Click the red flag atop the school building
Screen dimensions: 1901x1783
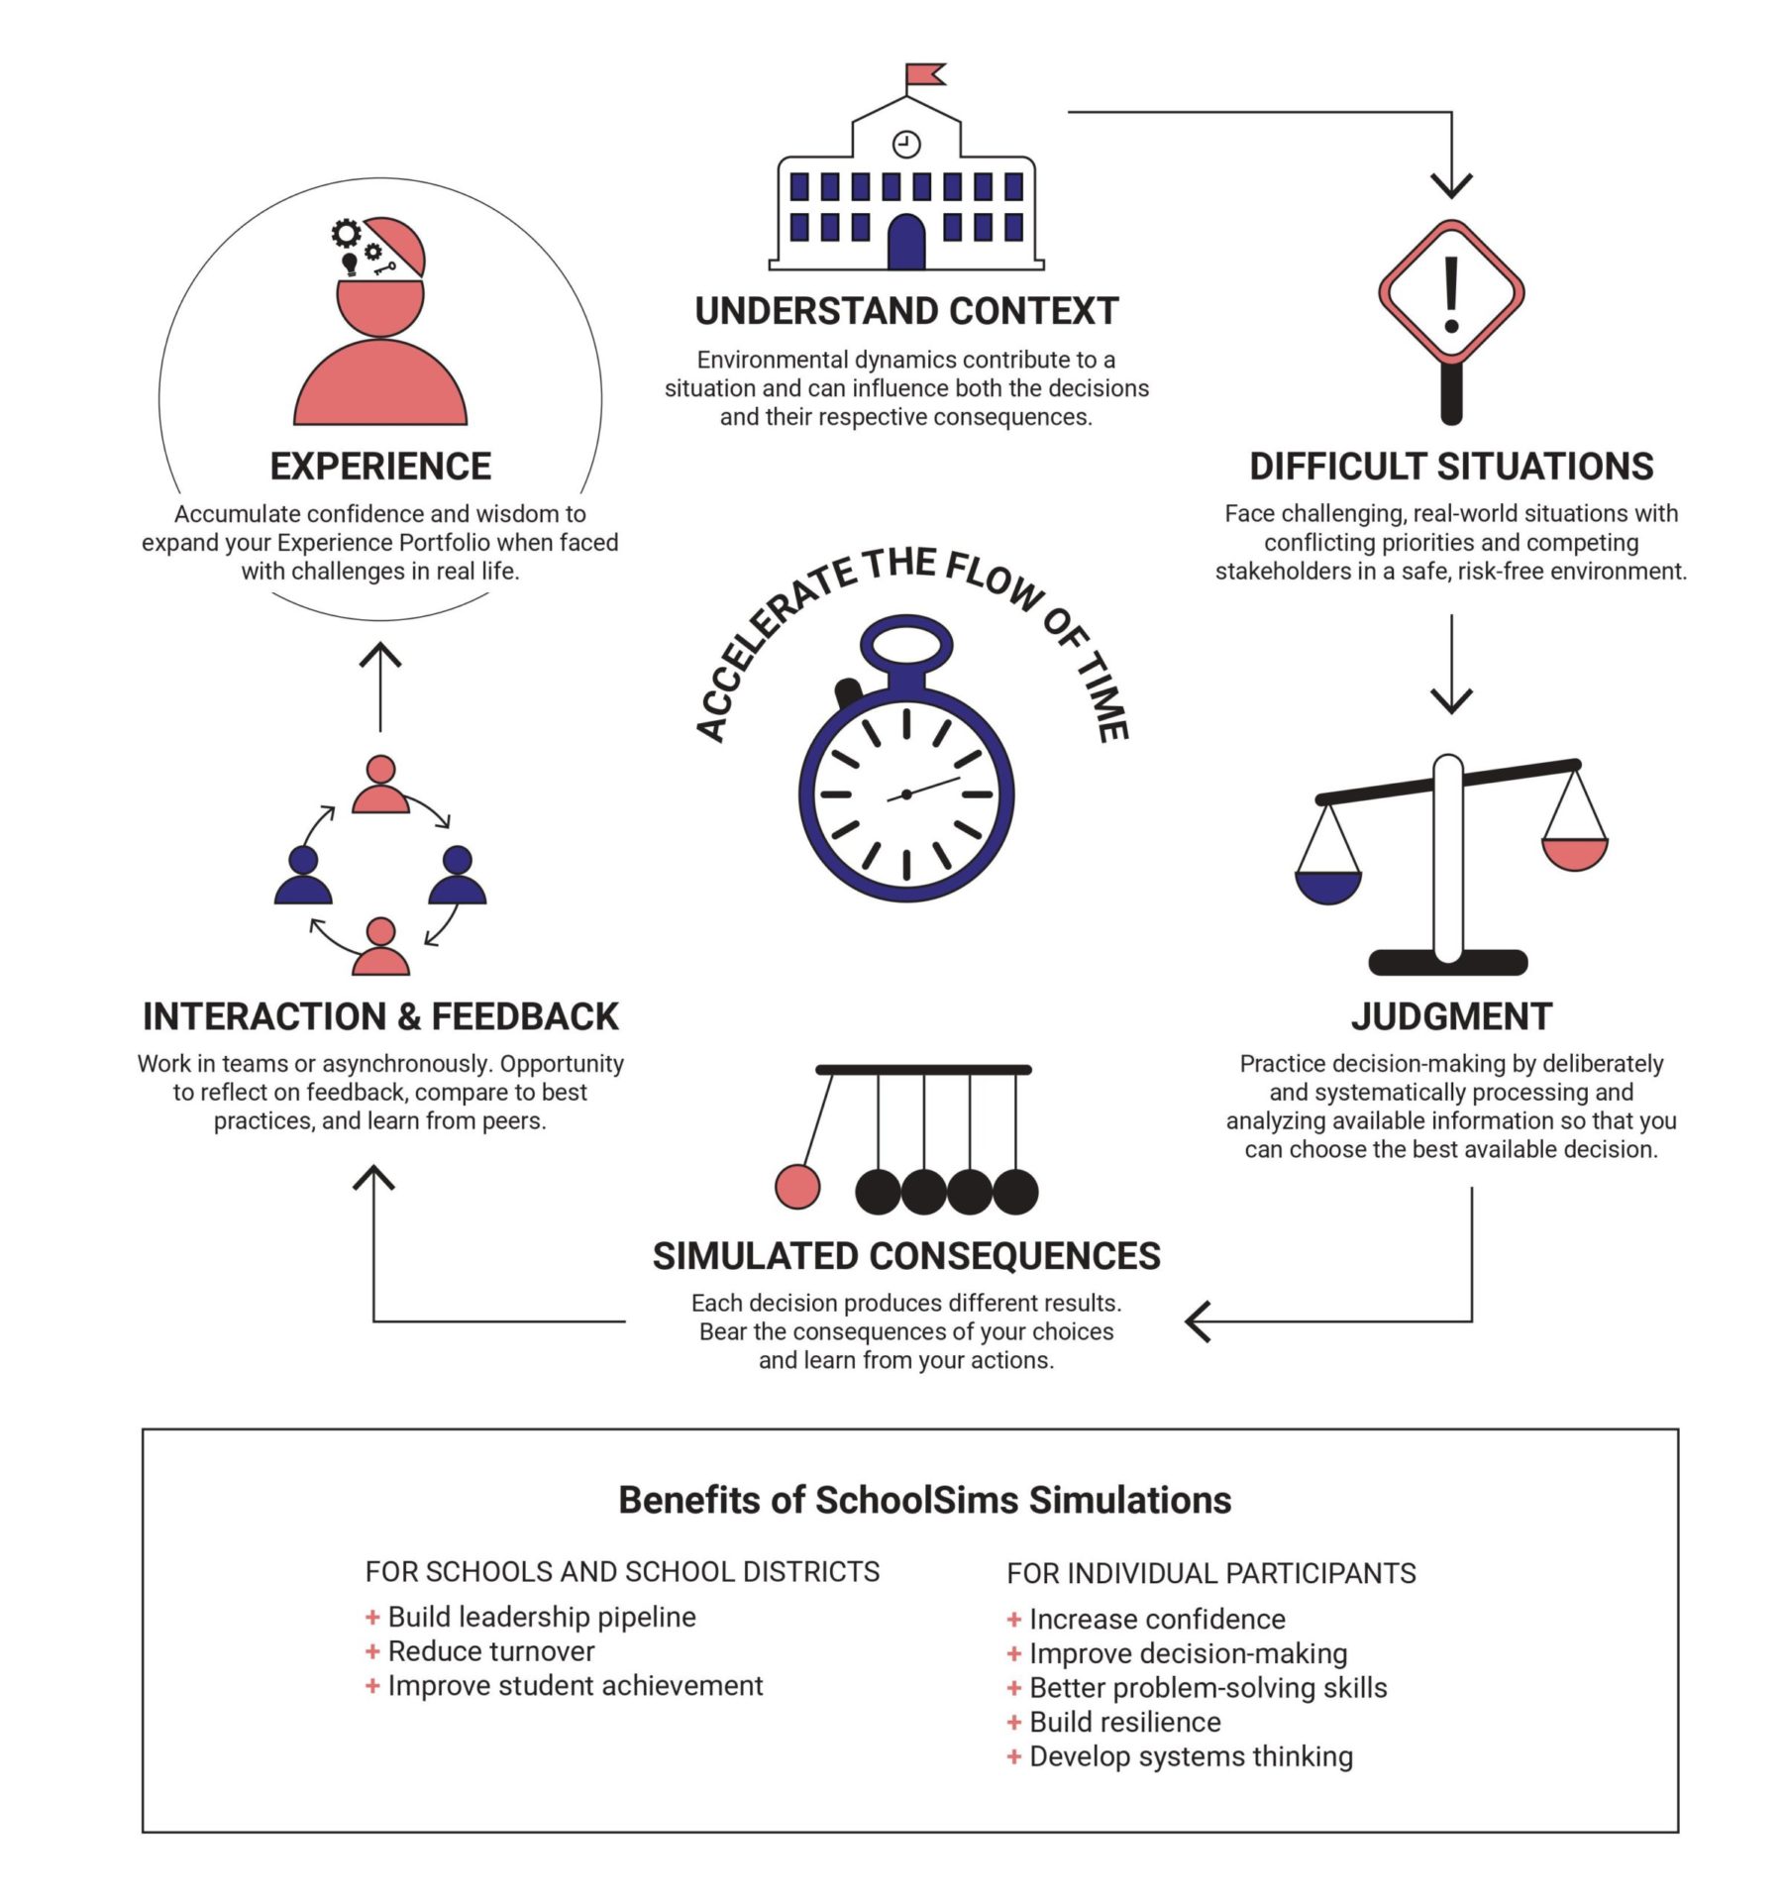click(x=926, y=74)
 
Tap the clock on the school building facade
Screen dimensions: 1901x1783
click(x=906, y=144)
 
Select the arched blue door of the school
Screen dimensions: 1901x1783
click(x=906, y=243)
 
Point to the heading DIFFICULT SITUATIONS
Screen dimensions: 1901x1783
click(x=1451, y=467)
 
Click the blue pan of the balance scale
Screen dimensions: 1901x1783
click(x=1328, y=887)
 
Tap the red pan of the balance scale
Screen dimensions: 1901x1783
click(x=1574, y=853)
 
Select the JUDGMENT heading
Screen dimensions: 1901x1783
click(x=1451, y=1016)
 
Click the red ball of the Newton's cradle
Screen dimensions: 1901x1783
click(x=797, y=1187)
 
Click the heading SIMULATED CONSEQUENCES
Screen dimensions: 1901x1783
click(x=906, y=1256)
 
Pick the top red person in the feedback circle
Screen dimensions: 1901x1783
click(x=380, y=786)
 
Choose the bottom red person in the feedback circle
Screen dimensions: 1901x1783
click(x=380, y=947)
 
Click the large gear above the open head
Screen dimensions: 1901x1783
click(x=346, y=234)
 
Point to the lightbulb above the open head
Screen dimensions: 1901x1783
click(x=350, y=264)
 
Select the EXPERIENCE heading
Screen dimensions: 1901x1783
click(x=380, y=467)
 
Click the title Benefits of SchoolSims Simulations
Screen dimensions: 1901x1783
click(x=924, y=1500)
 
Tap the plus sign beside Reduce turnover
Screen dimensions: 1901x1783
click(x=372, y=1651)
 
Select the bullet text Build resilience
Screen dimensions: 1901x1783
click(x=1124, y=1722)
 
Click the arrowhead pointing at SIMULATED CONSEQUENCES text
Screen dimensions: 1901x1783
click(x=1197, y=1321)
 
